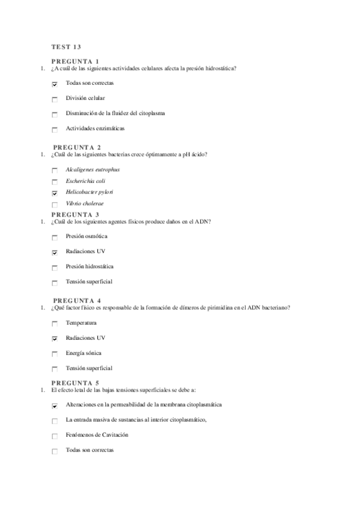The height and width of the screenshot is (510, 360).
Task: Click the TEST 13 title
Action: click(66, 46)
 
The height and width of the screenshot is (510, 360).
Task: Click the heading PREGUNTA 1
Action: click(75, 61)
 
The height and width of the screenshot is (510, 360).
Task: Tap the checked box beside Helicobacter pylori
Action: click(55, 193)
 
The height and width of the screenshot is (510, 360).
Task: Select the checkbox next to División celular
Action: click(55, 99)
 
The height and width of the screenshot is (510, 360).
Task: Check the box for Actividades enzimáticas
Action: click(55, 129)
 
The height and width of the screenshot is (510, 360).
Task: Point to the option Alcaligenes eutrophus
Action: click(93, 169)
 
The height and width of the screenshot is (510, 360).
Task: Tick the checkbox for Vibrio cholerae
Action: click(55, 205)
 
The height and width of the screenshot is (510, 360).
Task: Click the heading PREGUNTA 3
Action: click(75, 215)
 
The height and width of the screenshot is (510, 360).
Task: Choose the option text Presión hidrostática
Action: click(90, 266)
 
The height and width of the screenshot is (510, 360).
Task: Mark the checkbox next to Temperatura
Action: click(55, 324)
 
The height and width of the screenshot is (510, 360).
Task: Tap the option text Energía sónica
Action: click(84, 353)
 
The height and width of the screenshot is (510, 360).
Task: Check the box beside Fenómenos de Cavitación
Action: click(55, 436)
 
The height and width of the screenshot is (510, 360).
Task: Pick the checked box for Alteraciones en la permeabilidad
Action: click(55, 407)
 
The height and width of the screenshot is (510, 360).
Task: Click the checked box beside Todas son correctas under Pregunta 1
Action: click(55, 84)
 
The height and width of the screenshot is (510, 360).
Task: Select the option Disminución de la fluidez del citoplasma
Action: click(115, 113)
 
